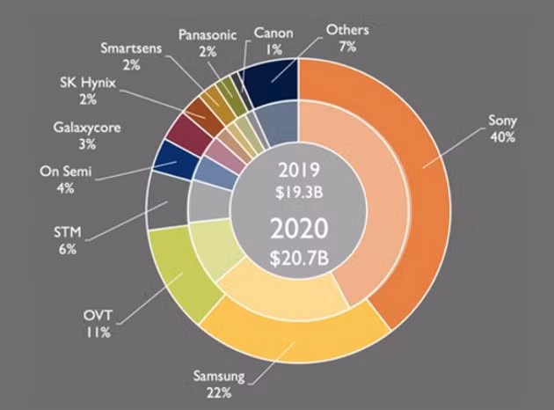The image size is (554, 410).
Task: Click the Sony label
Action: coord(502,121)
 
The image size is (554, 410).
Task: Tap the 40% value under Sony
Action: coord(502,137)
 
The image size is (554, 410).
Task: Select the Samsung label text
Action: coord(219,376)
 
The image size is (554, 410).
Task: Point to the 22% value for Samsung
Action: coord(219,392)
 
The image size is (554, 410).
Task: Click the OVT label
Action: coord(98,315)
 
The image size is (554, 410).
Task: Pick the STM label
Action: coord(68,232)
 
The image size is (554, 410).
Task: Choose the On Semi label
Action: coord(66,172)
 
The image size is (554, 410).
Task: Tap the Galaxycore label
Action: coord(87,128)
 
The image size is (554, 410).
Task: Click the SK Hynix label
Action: coord(88,83)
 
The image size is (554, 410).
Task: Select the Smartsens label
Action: coord(131,48)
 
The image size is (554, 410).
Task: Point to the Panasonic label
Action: coord(208,34)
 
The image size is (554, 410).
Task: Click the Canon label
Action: coord(273,33)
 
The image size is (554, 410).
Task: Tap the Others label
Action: coord(347,30)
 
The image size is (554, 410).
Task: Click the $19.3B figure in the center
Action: coord(299,193)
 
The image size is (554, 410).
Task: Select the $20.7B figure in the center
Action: coord(299,257)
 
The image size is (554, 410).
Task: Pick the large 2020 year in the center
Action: coord(299,229)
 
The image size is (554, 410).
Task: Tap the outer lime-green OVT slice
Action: coord(179,272)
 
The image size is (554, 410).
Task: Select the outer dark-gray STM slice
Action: coord(167,201)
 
